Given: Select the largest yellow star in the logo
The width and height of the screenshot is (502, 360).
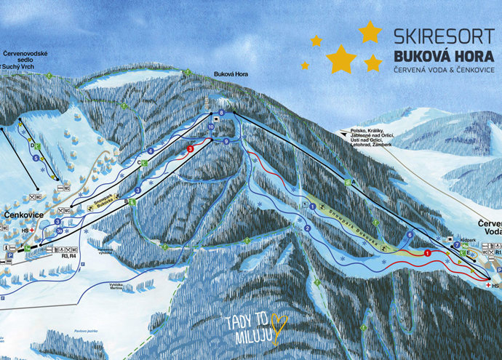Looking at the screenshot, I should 340,58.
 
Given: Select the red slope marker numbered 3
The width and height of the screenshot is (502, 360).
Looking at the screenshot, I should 190,148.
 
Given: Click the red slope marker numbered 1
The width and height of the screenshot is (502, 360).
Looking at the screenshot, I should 428,252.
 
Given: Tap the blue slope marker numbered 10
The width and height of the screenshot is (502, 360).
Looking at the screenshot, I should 210,127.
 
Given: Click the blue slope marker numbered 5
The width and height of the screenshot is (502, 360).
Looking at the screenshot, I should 35,157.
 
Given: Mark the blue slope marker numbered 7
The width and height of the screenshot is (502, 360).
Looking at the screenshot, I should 457,245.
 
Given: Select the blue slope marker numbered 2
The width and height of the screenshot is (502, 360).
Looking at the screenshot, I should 308,228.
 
